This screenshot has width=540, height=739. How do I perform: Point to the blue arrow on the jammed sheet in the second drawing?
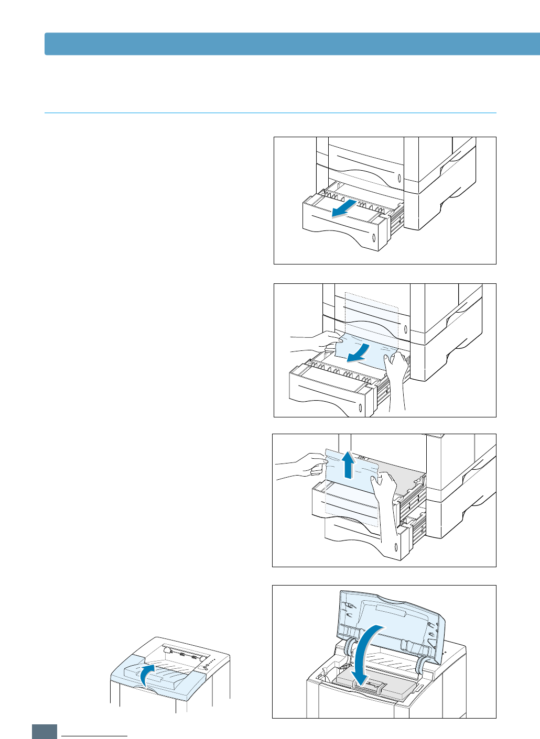coord(362,352)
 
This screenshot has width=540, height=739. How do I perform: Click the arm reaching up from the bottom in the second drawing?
coord(396,383)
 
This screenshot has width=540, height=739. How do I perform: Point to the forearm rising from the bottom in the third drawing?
coord(388,519)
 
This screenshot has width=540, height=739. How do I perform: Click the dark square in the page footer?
coord(44,732)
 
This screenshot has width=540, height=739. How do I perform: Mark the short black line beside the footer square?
coord(94,736)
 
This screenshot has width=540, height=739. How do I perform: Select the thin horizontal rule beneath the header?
coord(270,113)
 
